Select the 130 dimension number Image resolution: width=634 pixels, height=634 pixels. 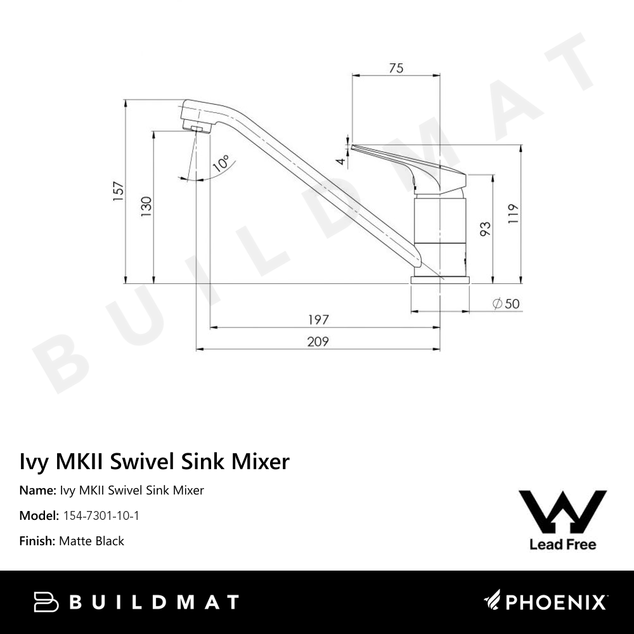(146, 207)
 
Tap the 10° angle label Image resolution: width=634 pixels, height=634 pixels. (221, 164)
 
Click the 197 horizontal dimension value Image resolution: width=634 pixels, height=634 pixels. (318, 320)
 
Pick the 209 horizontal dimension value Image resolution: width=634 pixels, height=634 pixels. (318, 342)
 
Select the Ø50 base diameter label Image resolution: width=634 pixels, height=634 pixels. (506, 304)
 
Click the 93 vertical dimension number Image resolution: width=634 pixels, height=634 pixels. (486, 229)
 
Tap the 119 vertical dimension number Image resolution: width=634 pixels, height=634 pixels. (513, 214)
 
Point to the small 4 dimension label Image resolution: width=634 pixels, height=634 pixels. (341, 161)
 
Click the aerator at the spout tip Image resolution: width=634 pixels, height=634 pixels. (197, 129)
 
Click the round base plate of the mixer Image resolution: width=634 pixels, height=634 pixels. (440, 280)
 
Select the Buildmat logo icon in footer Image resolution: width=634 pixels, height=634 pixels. (46, 602)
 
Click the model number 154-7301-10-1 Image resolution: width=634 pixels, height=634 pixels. (101, 515)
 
